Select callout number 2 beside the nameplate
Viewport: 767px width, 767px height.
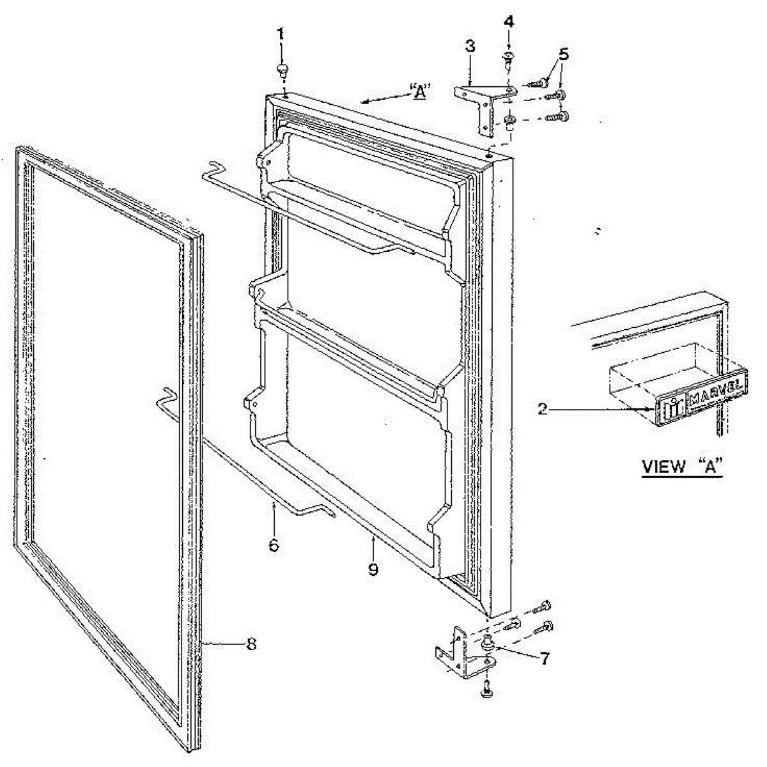[542, 410]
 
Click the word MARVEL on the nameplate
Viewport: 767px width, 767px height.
[716, 387]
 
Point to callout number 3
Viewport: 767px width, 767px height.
[470, 47]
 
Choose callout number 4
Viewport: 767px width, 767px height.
[509, 22]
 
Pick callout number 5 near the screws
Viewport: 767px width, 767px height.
[562, 54]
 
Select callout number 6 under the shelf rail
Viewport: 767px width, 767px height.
[274, 545]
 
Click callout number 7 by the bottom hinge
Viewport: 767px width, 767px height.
[543, 658]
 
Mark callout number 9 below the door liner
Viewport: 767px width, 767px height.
[373, 568]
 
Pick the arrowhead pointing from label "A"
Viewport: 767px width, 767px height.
[365, 100]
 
